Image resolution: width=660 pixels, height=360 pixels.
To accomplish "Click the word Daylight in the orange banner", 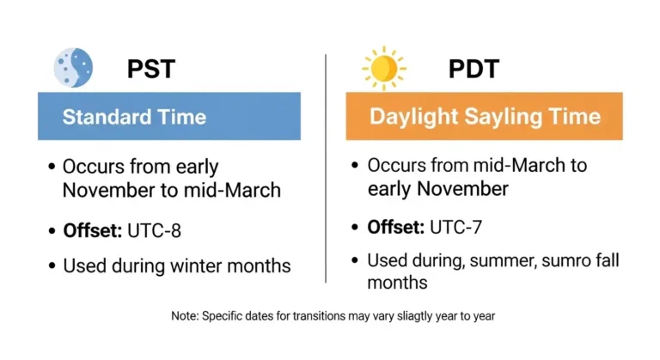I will tap(408, 116).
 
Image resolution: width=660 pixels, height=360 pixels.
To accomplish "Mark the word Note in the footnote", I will tap(184, 316).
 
